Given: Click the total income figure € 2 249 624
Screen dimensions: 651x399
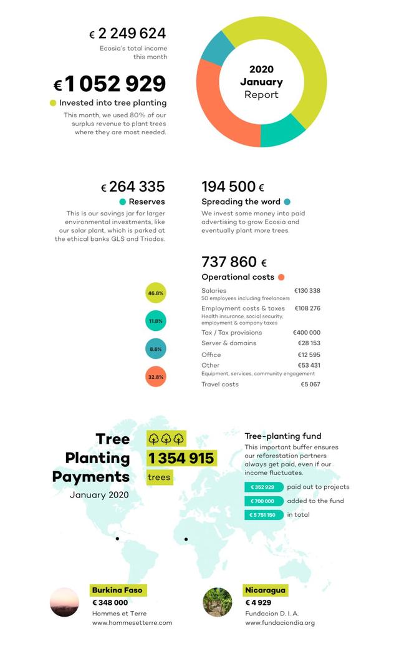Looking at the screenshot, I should [x=128, y=33].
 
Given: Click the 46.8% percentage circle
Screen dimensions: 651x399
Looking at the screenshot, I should [x=156, y=293].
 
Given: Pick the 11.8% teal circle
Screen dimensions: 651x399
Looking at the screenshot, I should [x=156, y=321].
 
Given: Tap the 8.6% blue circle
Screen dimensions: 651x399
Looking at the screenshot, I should [x=156, y=349].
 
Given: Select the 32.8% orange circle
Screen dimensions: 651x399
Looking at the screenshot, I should [x=156, y=377].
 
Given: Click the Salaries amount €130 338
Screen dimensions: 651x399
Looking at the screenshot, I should [x=307, y=291].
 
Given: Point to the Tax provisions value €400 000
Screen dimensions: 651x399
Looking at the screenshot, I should [x=306, y=333].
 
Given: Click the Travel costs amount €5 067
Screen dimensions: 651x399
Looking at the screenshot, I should [x=310, y=384].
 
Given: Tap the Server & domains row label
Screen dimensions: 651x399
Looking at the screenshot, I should [x=229, y=343].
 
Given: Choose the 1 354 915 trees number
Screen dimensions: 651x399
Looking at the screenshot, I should [x=181, y=458].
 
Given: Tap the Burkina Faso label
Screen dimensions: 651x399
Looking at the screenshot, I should [x=117, y=590].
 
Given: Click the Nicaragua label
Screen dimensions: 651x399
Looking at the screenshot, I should [x=266, y=590].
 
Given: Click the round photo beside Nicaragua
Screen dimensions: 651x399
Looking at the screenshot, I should [x=218, y=602].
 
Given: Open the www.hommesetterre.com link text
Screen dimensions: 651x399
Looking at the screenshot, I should [x=132, y=622].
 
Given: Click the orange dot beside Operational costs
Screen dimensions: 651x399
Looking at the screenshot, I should [x=281, y=277].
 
